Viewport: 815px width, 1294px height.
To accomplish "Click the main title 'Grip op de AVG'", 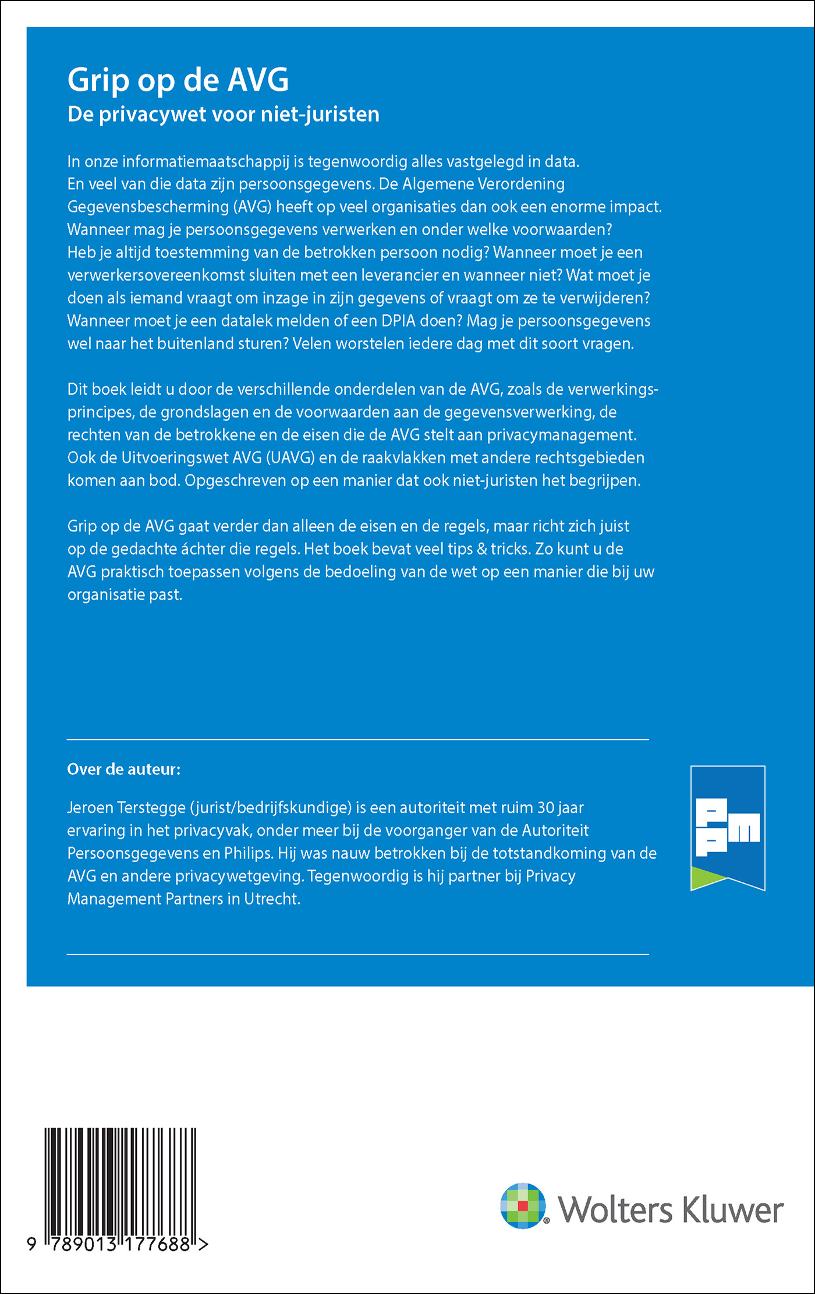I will point(178,80).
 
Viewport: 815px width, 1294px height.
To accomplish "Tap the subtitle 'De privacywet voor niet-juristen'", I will point(224,114).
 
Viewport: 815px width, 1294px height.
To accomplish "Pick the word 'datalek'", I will point(247,321).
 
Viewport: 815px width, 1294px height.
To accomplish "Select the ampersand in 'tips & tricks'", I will point(481,549).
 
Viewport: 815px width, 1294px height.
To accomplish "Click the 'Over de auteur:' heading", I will point(124,770).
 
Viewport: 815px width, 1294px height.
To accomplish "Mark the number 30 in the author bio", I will point(545,808).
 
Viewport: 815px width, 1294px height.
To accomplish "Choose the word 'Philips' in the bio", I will point(249,853).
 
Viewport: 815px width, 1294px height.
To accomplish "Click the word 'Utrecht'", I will point(272,899).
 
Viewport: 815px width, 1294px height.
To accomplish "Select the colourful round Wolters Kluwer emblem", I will point(523,1206).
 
